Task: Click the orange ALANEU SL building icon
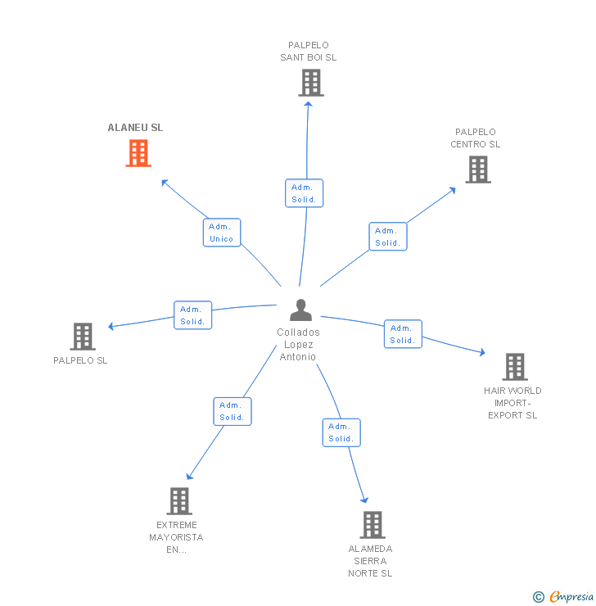pos(138,153)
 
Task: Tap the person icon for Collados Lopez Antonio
pos(301,310)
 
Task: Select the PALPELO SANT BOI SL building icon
pos(310,83)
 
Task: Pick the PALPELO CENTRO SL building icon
pos(478,170)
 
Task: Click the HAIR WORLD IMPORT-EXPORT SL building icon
pos(514,367)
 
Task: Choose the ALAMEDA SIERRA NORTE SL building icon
pos(372,525)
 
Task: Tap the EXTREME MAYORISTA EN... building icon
pos(179,501)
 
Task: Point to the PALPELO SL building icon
pos(83,337)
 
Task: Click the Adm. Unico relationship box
pos(222,233)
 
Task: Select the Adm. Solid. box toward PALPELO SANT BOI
pos(305,193)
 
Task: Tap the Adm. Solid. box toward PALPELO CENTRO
pos(388,237)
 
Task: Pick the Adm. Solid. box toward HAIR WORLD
pos(403,334)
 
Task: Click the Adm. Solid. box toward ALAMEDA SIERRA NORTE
pos(341,432)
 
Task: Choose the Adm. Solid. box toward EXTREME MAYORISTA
pos(233,411)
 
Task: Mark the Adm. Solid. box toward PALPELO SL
pos(193,315)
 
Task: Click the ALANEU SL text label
pos(135,128)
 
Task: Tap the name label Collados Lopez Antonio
pos(299,345)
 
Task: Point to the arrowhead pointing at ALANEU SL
pos(165,182)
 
